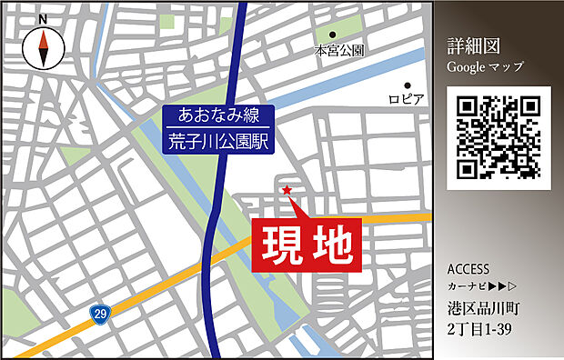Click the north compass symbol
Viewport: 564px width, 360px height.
(43, 47)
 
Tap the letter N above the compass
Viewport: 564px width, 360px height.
(43, 17)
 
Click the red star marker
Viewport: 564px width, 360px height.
(287, 190)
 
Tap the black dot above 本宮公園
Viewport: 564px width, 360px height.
(333, 35)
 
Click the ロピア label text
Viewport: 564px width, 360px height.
(406, 98)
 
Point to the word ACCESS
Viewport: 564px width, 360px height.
(468, 269)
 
